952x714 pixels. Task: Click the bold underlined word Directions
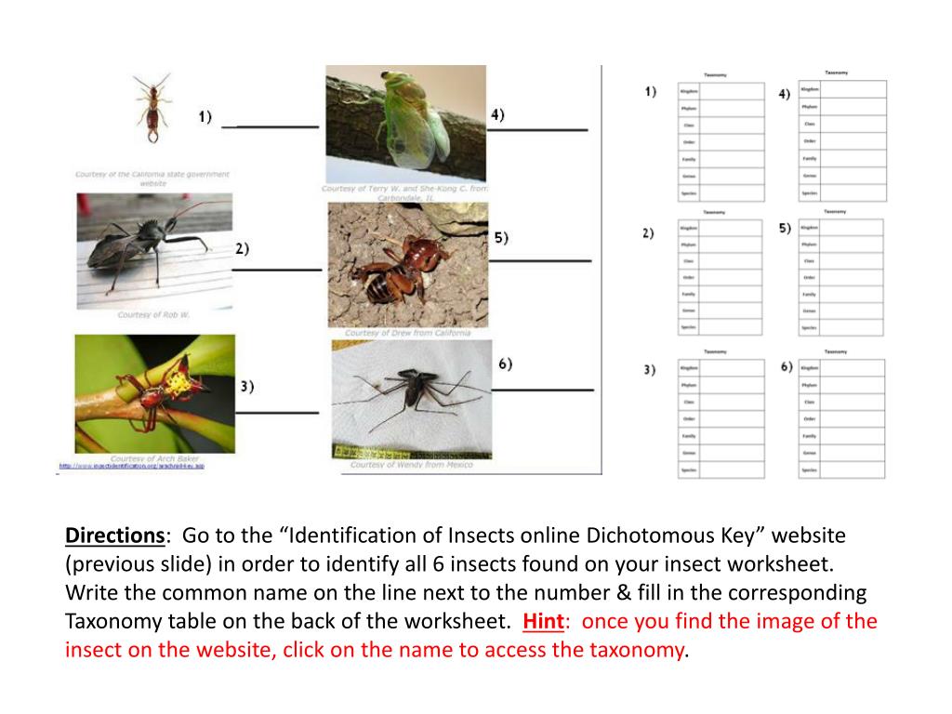114,536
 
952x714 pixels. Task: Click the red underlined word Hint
543,621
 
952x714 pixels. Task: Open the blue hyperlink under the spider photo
131,466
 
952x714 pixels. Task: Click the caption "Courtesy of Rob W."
153,315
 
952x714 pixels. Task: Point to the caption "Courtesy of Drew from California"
407,333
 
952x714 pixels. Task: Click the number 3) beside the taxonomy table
649,369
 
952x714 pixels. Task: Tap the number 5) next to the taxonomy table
785,228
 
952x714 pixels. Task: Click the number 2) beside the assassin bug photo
242,249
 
